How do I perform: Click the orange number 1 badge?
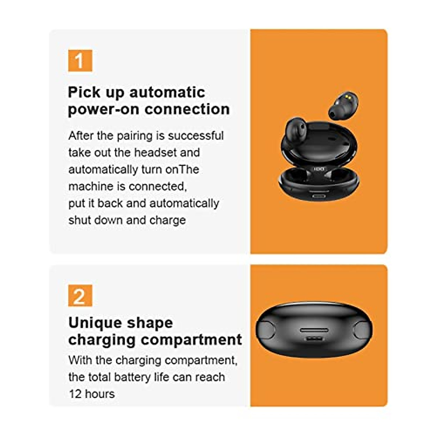coord(80,61)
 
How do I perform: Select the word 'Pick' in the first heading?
coord(84,92)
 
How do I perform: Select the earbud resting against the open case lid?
coord(297,131)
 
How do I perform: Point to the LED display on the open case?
coord(319,168)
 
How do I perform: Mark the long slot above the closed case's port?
coord(314,331)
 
